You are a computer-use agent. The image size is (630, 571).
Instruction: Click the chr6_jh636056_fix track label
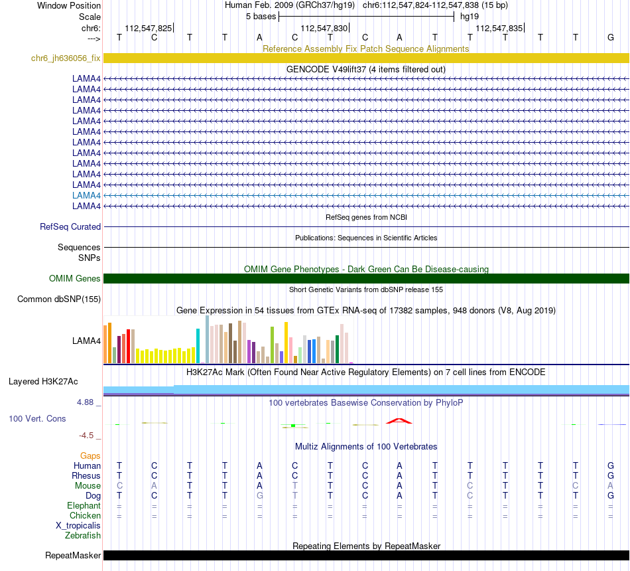tap(66, 58)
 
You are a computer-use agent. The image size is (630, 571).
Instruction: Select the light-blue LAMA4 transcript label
tap(86, 195)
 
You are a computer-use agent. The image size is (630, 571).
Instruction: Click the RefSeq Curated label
tap(70, 226)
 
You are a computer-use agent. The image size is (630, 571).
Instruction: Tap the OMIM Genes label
tap(75, 278)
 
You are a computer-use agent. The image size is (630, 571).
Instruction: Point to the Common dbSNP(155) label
tap(58, 299)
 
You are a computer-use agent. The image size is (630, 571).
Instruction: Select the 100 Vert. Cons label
tap(38, 419)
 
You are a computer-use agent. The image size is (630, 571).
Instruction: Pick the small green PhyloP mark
tap(292, 425)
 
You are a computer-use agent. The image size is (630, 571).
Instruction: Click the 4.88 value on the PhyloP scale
tap(88, 402)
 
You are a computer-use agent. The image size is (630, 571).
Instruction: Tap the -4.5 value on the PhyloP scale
tap(90, 436)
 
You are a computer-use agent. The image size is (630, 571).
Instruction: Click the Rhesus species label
tap(86, 475)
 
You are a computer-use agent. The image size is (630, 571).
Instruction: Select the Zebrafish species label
tap(83, 535)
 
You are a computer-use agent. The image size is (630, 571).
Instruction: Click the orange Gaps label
tap(90, 455)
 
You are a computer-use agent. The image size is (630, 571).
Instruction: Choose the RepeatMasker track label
tap(73, 555)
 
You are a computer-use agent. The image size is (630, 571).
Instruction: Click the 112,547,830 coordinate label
tap(324, 28)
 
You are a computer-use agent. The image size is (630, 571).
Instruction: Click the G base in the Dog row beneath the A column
tap(259, 495)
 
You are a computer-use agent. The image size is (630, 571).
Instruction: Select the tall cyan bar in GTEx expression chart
tap(198, 345)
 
